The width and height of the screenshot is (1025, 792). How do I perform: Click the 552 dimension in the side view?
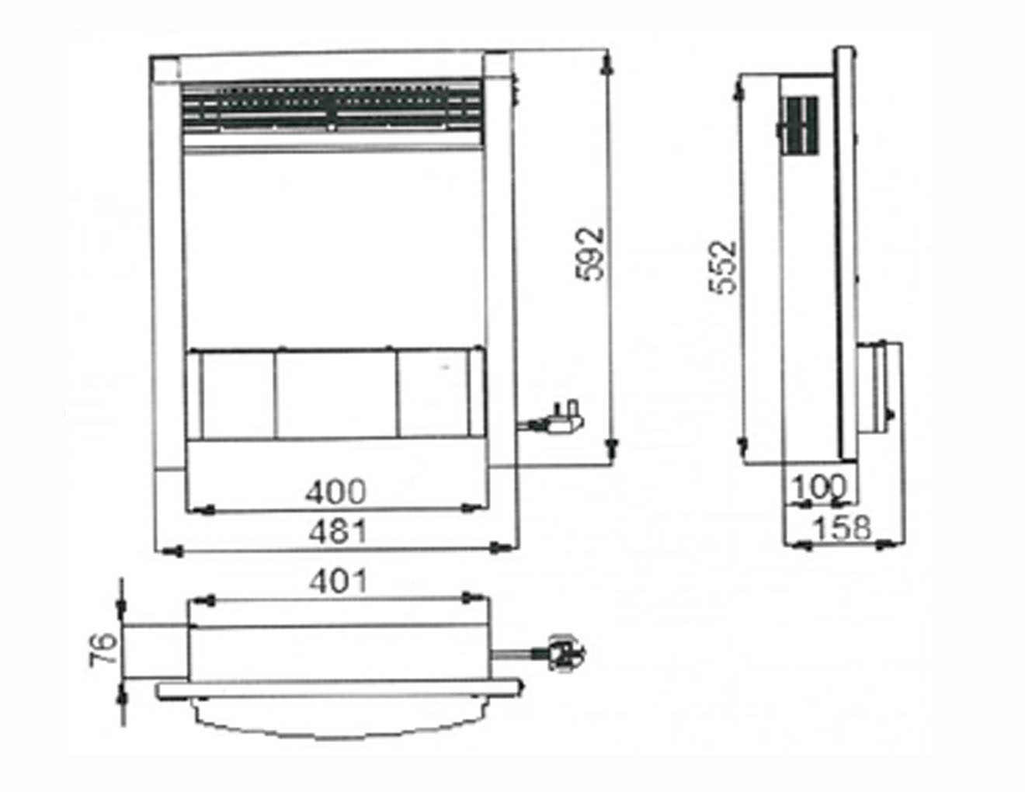[724, 267]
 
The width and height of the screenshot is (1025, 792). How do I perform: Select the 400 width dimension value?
[335, 491]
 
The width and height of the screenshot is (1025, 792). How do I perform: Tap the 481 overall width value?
[337, 532]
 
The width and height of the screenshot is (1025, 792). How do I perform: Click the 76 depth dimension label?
[107, 648]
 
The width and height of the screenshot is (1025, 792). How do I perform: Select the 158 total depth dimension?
[843, 529]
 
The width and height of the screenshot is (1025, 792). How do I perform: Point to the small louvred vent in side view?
[800, 123]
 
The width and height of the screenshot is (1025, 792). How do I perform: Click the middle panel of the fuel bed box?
[335, 394]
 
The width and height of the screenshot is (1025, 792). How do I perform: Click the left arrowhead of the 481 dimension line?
[172, 550]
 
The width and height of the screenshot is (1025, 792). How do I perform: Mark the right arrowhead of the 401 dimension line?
[469, 599]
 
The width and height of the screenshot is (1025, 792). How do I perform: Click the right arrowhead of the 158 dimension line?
[884, 547]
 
